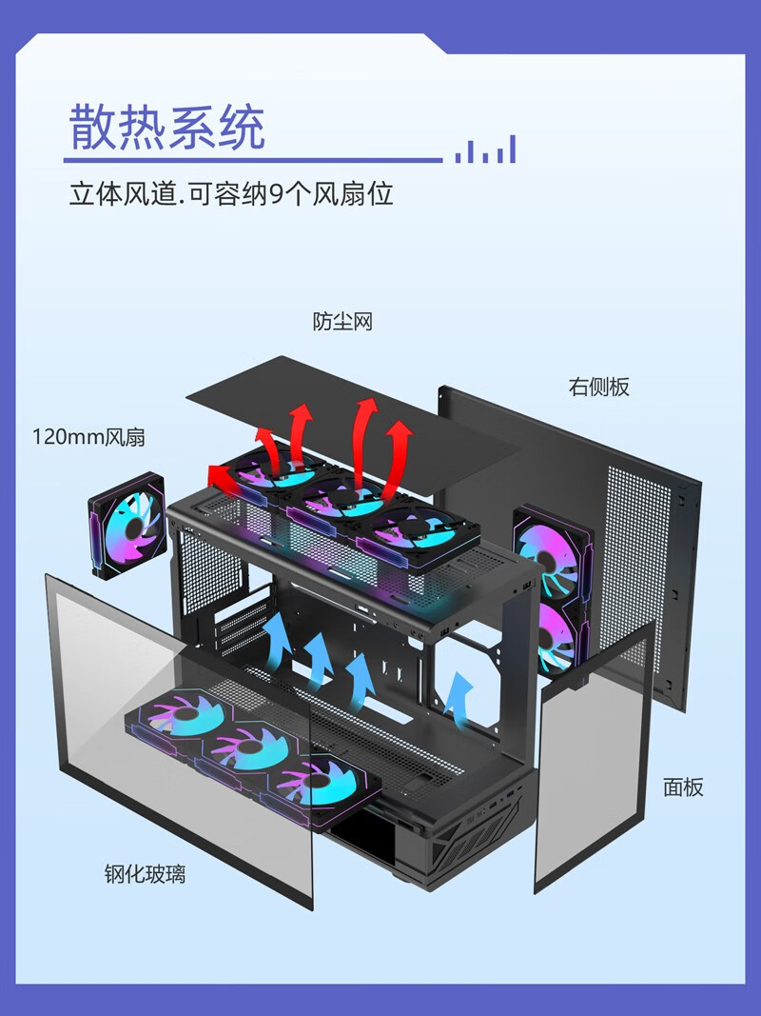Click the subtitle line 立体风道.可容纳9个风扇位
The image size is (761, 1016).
[x=231, y=194]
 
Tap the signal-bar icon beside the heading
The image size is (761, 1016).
[x=485, y=149]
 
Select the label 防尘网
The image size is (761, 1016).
[x=342, y=322]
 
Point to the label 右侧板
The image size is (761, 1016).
[x=599, y=387]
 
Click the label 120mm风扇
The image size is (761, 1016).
[x=89, y=437]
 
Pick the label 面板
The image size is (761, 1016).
[x=683, y=787]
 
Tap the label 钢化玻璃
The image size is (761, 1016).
[x=145, y=873]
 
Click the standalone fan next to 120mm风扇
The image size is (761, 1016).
[x=128, y=530]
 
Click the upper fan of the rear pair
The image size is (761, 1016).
[x=550, y=552]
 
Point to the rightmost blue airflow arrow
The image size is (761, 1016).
[x=459, y=692]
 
